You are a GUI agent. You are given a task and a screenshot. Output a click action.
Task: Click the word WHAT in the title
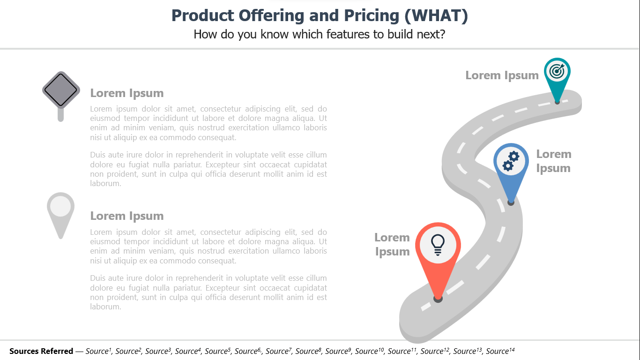(x=436, y=15)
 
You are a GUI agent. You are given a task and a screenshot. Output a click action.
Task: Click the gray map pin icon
(x=60, y=215)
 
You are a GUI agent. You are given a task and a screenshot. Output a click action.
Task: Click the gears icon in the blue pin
(x=511, y=161)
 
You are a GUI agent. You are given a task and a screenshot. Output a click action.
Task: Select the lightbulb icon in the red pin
(x=438, y=245)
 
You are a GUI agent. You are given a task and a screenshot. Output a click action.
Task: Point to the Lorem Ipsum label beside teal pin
(x=502, y=75)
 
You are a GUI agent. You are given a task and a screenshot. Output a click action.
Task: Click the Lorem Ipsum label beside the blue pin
(x=554, y=161)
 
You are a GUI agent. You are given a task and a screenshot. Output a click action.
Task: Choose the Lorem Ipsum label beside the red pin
(x=392, y=245)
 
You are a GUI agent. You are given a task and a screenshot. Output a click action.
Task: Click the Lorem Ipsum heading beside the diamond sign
(x=127, y=93)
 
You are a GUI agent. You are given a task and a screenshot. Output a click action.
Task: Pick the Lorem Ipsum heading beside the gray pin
(x=127, y=216)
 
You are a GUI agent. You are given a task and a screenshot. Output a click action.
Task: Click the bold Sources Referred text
(x=41, y=351)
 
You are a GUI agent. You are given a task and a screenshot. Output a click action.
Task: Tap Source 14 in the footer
(x=500, y=351)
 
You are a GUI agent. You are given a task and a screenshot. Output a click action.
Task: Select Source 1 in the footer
(x=98, y=351)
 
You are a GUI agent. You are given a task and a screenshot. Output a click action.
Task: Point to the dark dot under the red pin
(x=438, y=299)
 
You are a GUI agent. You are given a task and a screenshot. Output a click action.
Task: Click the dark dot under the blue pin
(x=511, y=202)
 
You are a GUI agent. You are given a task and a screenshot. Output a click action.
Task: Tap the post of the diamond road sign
(x=60, y=114)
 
